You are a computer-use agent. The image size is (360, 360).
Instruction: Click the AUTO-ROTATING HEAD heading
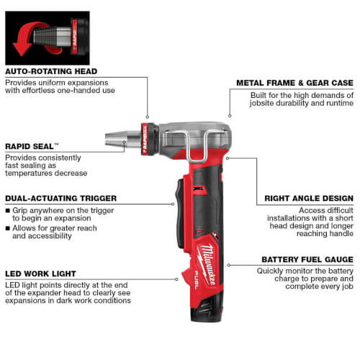pyautogui.click(x=51, y=71)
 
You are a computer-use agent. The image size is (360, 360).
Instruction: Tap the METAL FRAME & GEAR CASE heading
pyautogui.click(x=294, y=83)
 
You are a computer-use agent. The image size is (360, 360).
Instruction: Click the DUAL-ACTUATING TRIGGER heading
pyautogui.click(x=60, y=198)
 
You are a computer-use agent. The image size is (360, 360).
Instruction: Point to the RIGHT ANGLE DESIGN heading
pyautogui.click(x=309, y=198)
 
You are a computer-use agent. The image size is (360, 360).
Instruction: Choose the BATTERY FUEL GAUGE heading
pyautogui.click(x=307, y=259)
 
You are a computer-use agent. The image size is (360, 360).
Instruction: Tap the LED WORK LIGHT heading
pyautogui.click(x=40, y=274)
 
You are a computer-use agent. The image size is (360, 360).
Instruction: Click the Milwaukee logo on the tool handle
pyautogui.click(x=207, y=264)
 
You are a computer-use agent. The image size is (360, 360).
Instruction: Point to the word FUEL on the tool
pyautogui.click(x=197, y=279)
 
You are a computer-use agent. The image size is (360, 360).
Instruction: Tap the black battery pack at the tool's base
pyautogui.click(x=206, y=309)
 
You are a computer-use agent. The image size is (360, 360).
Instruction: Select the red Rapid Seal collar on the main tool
pyautogui.click(x=145, y=139)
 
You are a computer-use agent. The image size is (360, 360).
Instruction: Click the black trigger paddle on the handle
pyautogui.click(x=179, y=213)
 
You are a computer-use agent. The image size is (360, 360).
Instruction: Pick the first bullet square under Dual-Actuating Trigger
pyautogui.click(x=8, y=210)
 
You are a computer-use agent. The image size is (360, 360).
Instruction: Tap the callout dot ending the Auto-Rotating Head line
pyautogui.click(x=148, y=117)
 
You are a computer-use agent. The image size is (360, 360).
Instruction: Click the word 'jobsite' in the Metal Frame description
pyautogui.click(x=262, y=103)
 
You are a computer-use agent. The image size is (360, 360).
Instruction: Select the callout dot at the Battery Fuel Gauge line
pyautogui.click(x=228, y=265)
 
